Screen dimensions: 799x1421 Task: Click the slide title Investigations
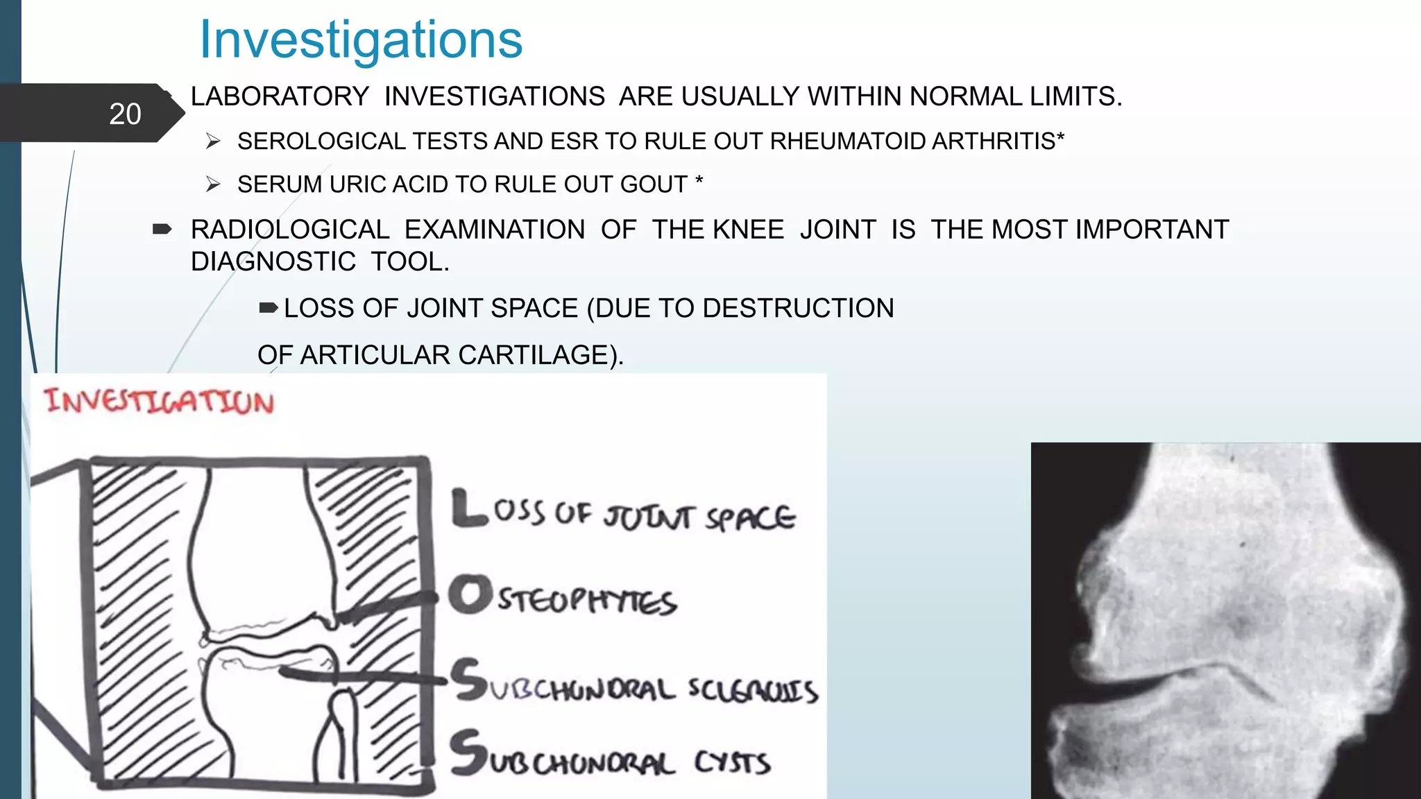[x=361, y=40]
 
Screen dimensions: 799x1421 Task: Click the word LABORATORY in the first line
[x=280, y=96]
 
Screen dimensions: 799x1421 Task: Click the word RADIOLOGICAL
[x=290, y=230]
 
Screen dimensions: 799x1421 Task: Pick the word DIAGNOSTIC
[x=273, y=261]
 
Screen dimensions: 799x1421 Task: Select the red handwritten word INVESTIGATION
[x=159, y=402]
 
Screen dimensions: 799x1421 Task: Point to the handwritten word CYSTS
[x=732, y=763]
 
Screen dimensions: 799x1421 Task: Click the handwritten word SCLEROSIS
[x=753, y=689]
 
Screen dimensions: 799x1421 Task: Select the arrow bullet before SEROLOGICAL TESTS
[x=213, y=141]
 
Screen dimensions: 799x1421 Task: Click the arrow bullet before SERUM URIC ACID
[x=213, y=184]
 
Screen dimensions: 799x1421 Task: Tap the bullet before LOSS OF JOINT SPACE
[x=269, y=308]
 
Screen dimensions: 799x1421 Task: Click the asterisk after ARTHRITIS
[x=1060, y=138]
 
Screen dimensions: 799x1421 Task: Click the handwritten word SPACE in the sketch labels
[x=750, y=517]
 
